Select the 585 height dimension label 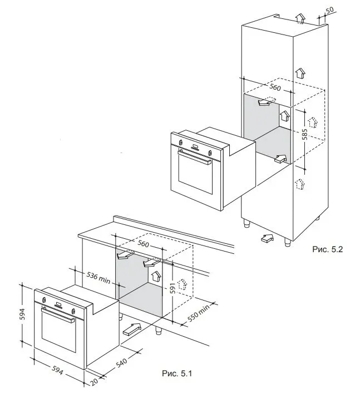[304, 135]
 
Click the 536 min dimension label [97, 277]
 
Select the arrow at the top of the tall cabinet [300, 18]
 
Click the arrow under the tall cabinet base [267, 238]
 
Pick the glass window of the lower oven [57, 337]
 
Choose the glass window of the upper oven [192, 176]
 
